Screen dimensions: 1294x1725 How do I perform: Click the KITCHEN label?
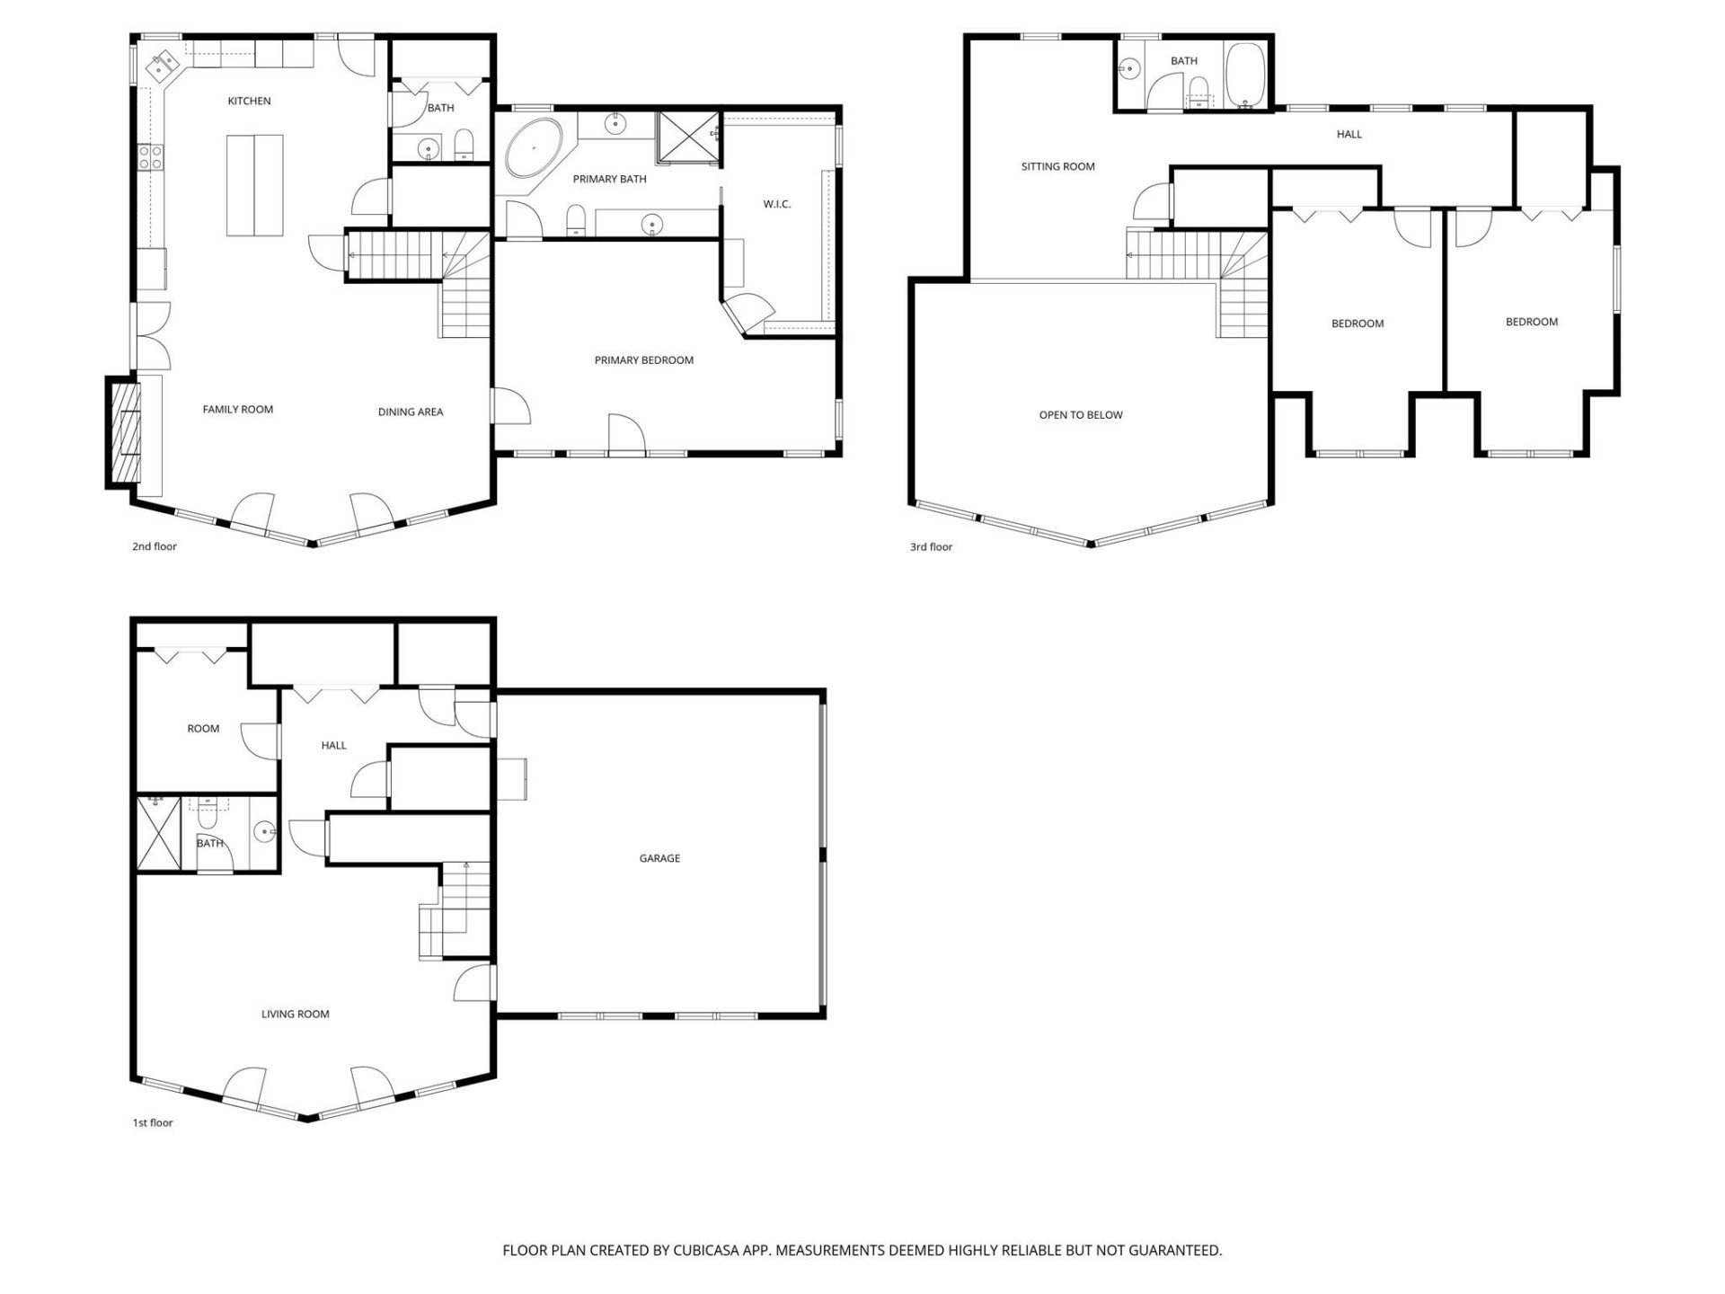pyautogui.click(x=249, y=101)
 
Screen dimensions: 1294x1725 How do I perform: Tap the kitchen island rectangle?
pyautogui.click(x=254, y=185)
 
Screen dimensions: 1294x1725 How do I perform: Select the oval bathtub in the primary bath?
pyautogui.click(x=534, y=147)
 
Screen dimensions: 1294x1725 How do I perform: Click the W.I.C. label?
pyautogui.click(x=776, y=204)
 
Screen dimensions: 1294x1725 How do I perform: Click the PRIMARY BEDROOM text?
pyautogui.click(x=643, y=360)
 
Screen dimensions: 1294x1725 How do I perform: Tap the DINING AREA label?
pyautogui.click(x=410, y=412)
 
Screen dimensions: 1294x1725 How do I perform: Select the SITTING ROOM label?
pyautogui.click(x=1057, y=166)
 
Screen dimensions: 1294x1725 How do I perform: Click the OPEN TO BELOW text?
pyautogui.click(x=1080, y=415)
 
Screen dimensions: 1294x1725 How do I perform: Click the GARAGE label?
pyautogui.click(x=659, y=858)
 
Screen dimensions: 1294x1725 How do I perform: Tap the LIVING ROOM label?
pyautogui.click(x=295, y=1014)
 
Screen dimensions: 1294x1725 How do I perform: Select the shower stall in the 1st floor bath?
pyautogui.click(x=158, y=833)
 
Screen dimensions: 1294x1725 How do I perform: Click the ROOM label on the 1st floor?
pyautogui.click(x=203, y=729)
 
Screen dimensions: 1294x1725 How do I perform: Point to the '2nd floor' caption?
pyautogui.click(x=155, y=546)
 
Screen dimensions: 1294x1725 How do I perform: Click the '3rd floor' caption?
pyautogui.click(x=931, y=546)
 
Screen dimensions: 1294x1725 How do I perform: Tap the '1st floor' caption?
pyautogui.click(x=153, y=1122)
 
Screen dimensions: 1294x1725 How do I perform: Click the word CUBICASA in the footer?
pyautogui.click(x=704, y=1250)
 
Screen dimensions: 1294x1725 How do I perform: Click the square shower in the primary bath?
pyautogui.click(x=688, y=137)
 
